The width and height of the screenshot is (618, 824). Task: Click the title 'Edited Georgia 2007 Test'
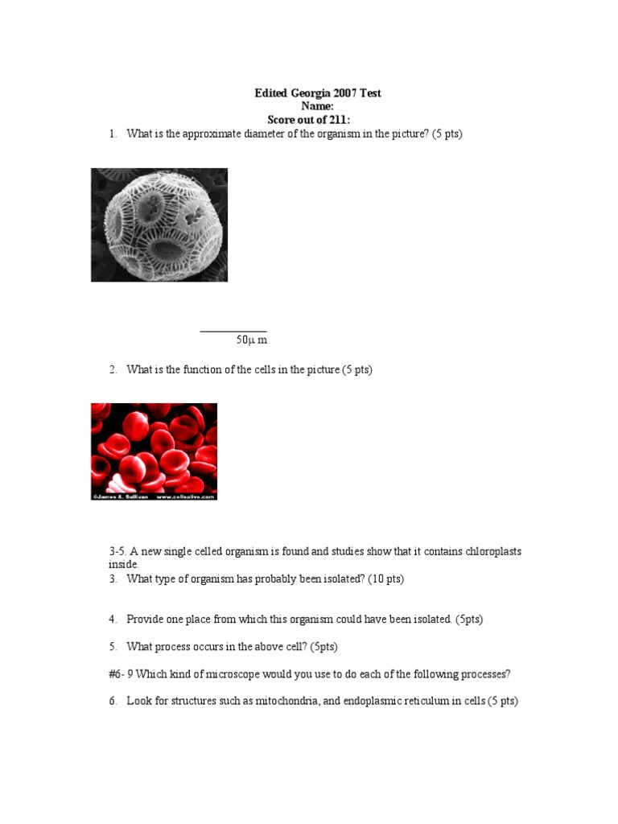[318, 93]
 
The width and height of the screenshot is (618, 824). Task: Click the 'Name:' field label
[317, 106]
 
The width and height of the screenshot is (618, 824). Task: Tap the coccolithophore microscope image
[159, 225]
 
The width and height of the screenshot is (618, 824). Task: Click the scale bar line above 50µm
[233, 331]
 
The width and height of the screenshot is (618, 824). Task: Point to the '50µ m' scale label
[251, 340]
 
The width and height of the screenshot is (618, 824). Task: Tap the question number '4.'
[113, 620]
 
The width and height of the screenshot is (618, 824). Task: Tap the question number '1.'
[113, 134]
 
